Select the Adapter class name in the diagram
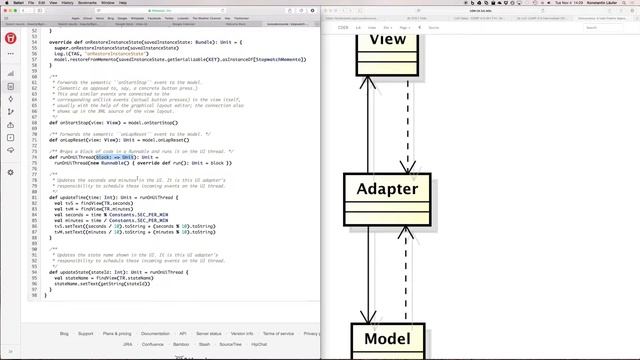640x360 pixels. [x=387, y=190]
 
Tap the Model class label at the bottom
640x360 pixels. [x=387, y=338]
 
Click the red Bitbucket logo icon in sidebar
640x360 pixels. [x=10, y=39]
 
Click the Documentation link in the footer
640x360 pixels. [x=155, y=333]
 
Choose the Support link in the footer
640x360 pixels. [x=86, y=333]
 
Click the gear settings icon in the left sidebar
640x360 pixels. [x=10, y=173]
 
